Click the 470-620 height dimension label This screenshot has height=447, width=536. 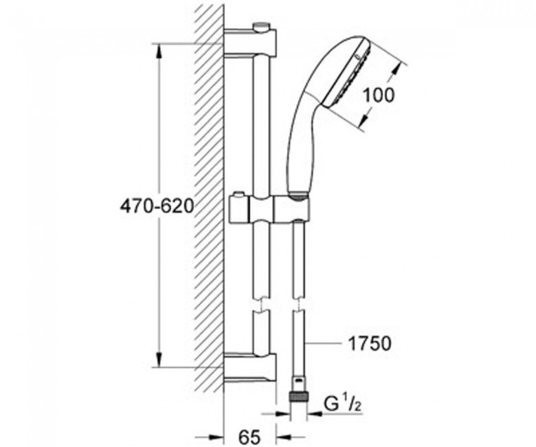157,206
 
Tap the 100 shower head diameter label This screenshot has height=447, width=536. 378,95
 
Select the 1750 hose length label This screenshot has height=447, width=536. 369,343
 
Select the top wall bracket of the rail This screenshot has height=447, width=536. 250,42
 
